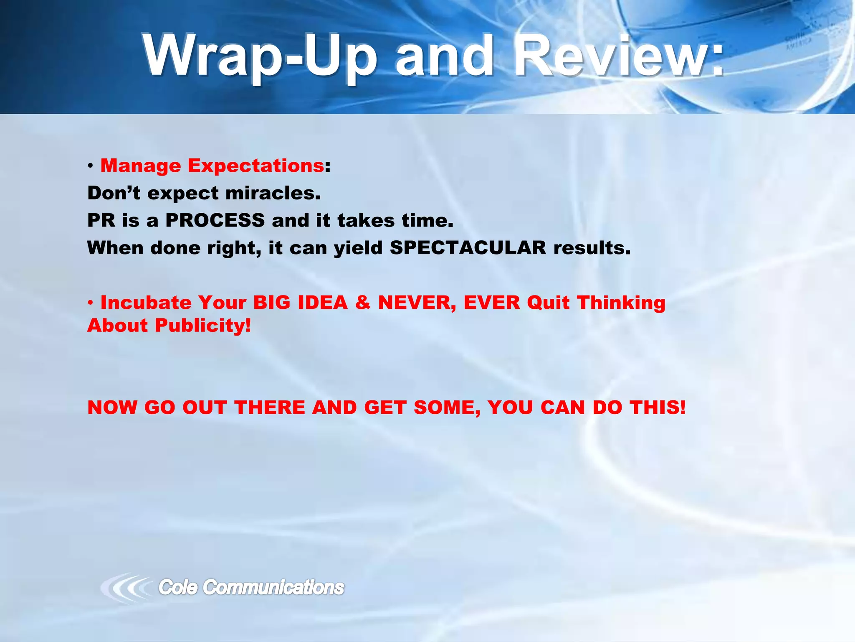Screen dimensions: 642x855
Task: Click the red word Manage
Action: (x=141, y=166)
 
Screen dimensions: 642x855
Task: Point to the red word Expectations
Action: (x=255, y=166)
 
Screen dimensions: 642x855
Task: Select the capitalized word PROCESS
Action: (x=215, y=221)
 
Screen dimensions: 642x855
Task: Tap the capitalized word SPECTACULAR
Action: (x=468, y=248)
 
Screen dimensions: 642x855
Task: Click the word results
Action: (x=592, y=248)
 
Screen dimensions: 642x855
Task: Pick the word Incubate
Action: (x=146, y=303)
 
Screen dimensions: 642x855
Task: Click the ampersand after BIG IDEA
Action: (x=363, y=303)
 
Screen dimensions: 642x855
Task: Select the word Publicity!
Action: (x=203, y=326)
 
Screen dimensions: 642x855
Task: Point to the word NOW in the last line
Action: (x=112, y=408)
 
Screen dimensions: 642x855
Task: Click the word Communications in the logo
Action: (x=273, y=587)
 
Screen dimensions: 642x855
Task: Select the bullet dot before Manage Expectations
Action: (x=90, y=167)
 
